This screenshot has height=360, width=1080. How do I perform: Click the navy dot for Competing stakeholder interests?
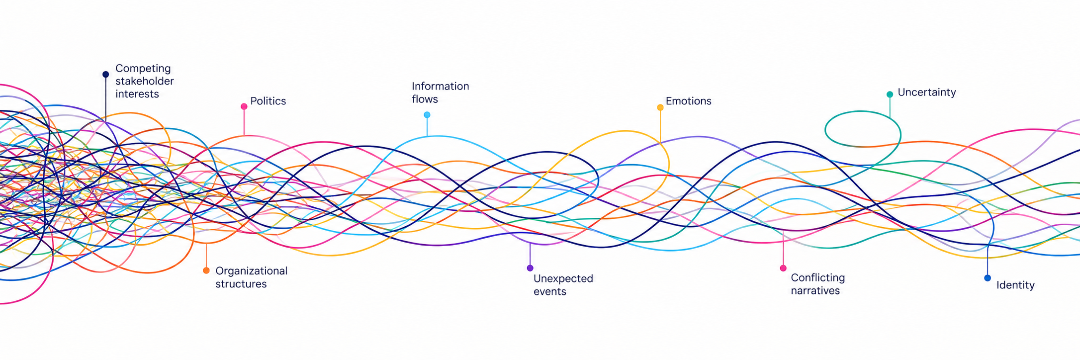click(x=105, y=75)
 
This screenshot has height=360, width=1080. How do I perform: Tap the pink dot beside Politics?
click(x=244, y=106)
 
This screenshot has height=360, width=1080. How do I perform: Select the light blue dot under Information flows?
click(x=427, y=115)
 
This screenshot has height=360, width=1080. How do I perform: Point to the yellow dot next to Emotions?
click(x=660, y=107)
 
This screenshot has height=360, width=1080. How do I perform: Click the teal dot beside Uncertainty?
click(x=890, y=94)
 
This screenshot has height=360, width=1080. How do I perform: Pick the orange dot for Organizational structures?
click(x=206, y=270)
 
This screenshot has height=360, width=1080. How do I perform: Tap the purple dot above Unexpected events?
click(x=530, y=268)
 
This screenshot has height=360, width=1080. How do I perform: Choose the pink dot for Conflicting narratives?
click(x=783, y=268)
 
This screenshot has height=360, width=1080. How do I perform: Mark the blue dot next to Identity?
click(x=988, y=278)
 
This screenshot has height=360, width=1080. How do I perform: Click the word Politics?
click(x=268, y=101)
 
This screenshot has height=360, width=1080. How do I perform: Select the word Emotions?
click(x=689, y=101)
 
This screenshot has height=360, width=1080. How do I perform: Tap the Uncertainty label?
click(x=927, y=92)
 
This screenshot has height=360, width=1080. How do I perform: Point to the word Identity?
click(x=1015, y=285)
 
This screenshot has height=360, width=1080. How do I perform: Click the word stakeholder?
click(x=145, y=81)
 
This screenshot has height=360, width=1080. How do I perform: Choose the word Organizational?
click(x=252, y=271)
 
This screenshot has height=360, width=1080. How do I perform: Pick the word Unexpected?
click(x=563, y=278)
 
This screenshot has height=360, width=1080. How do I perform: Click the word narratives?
click(x=815, y=290)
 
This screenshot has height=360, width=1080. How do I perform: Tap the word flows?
click(x=425, y=99)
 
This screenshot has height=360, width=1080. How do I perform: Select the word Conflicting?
click(x=818, y=277)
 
